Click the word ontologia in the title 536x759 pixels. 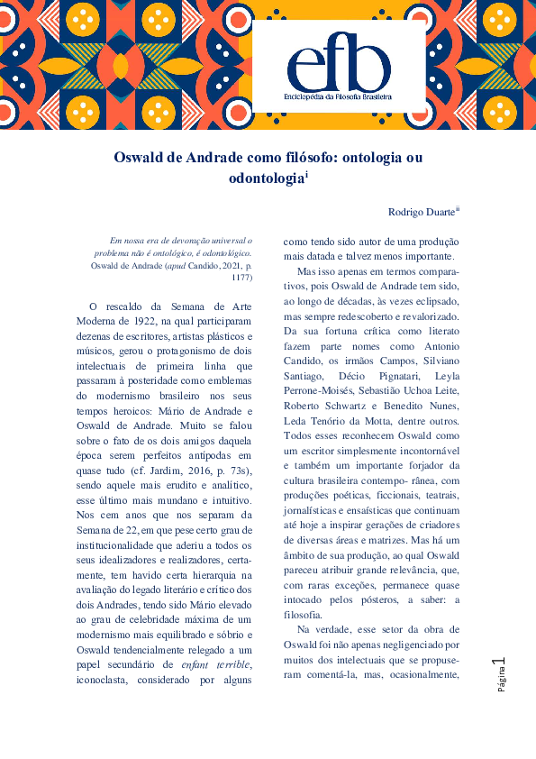pyautogui.click(x=367, y=157)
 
